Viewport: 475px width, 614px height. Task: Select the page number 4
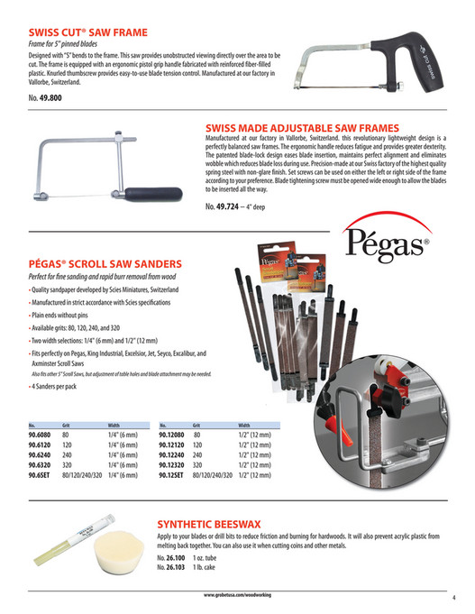(x=453, y=596)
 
